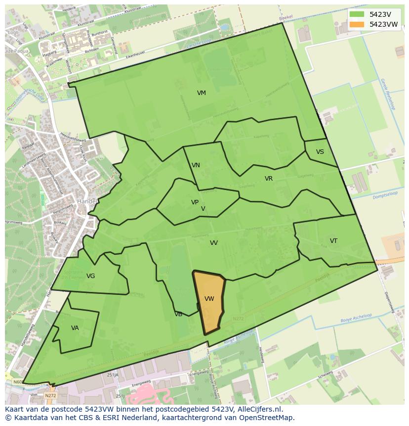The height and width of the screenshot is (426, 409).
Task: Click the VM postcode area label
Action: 201,93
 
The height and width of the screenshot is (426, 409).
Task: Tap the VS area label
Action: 320,152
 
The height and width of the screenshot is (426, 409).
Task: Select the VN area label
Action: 196,165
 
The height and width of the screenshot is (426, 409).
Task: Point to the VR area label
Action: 269,179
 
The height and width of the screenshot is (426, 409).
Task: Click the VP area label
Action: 195,202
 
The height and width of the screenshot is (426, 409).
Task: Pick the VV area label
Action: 214,243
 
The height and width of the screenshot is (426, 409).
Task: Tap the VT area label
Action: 333,241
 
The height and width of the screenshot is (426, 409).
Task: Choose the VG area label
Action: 90,276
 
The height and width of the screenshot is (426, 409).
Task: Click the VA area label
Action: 75,328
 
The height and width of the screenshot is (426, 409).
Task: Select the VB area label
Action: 178,314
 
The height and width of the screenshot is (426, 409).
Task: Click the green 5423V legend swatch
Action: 356,14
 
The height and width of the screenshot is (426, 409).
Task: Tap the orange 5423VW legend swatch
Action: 356,24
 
